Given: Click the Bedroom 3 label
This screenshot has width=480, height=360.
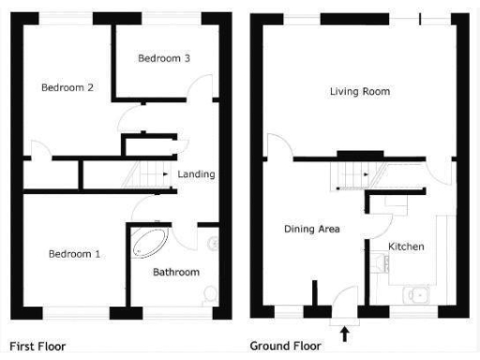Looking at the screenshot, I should (x=164, y=58).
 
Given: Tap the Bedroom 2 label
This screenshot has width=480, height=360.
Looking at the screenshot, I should (x=67, y=88).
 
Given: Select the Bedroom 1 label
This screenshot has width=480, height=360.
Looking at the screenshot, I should (x=76, y=254).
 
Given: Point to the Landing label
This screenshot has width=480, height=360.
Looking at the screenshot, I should (x=196, y=174).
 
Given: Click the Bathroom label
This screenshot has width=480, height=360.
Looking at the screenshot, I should (x=176, y=272).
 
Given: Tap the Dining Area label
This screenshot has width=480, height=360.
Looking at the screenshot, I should (x=312, y=228).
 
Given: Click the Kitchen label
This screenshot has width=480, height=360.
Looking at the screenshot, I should (x=407, y=247).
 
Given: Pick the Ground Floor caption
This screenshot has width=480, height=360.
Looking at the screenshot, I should (x=287, y=346).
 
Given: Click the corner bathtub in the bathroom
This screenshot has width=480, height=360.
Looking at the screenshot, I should (x=148, y=242).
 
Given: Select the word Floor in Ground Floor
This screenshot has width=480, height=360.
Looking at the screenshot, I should (x=307, y=346).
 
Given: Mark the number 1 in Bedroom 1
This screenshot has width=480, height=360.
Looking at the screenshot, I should (x=100, y=254).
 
